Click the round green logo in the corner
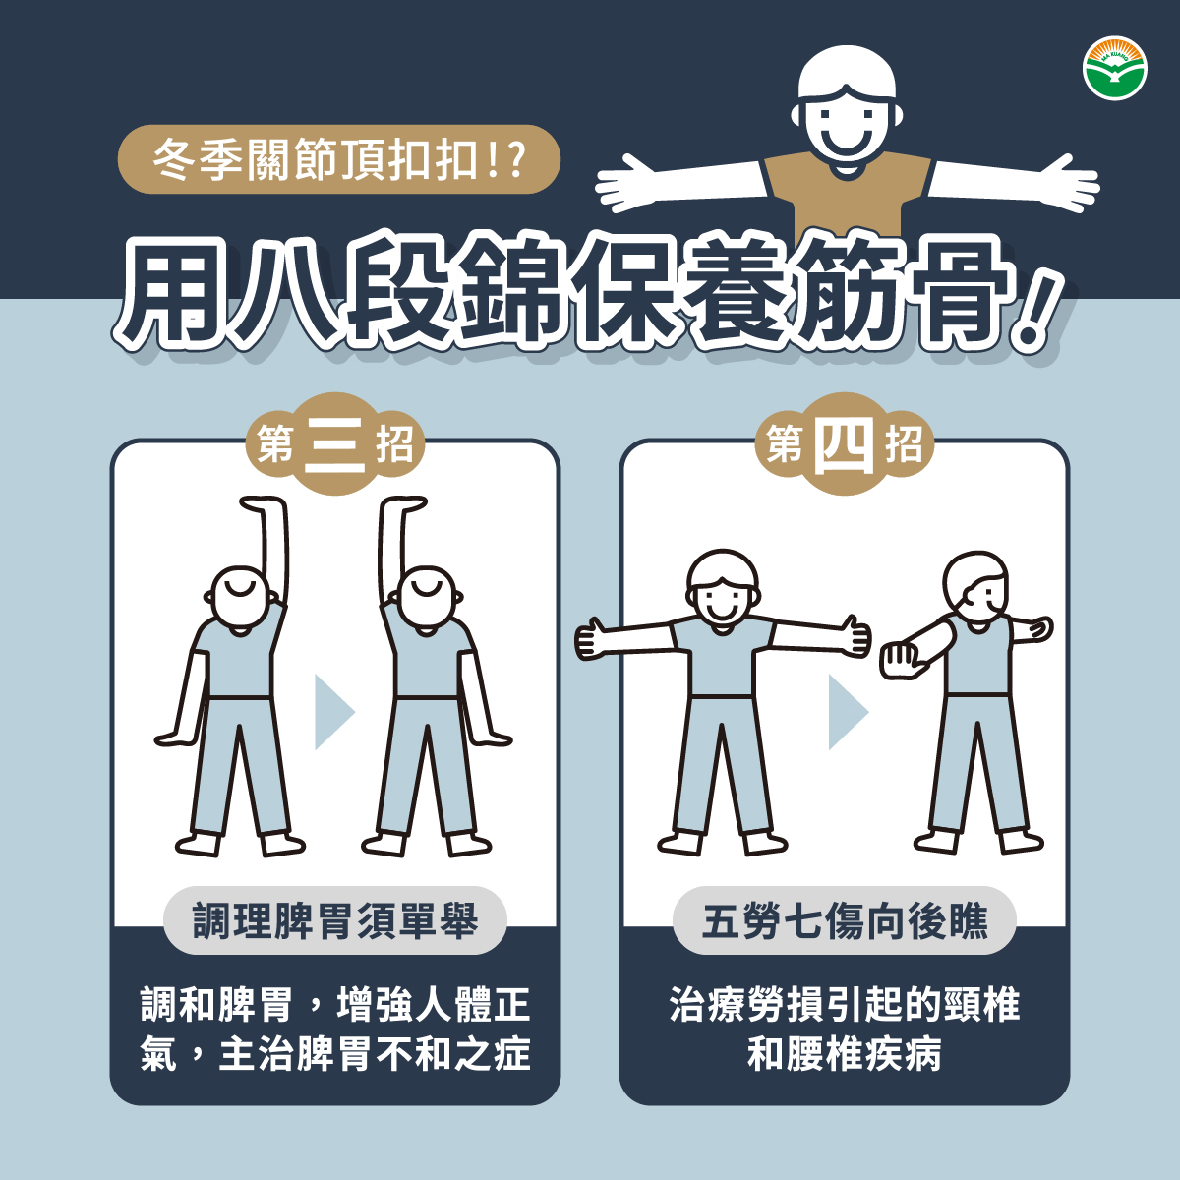pyautogui.click(x=1114, y=69)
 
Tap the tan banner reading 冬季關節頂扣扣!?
pyautogui.click(x=338, y=159)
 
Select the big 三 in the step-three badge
pyautogui.click(x=334, y=445)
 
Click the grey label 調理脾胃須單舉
pyautogui.click(x=335, y=920)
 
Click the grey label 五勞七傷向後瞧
pyautogui.click(x=845, y=920)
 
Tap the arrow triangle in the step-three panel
pyautogui.click(x=332, y=712)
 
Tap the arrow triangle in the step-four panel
pyautogui.click(x=847, y=712)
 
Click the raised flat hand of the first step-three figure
pyautogui.click(x=263, y=502)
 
